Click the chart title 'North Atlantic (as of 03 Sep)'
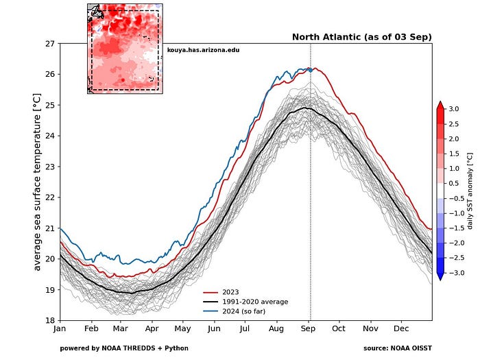pos(361,37)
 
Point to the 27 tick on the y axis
pos(50,43)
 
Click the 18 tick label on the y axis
pos(50,320)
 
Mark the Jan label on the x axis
pos(60,329)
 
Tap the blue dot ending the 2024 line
pos(310,70)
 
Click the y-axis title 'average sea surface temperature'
pos(38,182)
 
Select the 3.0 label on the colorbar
pos(455,109)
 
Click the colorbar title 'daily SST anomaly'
pos(470,191)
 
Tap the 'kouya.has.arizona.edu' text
pos(203,50)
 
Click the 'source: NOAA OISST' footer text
pos(398,348)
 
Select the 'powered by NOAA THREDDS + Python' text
pos(124,348)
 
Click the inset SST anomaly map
pos(124,48)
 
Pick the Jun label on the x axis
pos(215,329)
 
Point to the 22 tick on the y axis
pos(50,197)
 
